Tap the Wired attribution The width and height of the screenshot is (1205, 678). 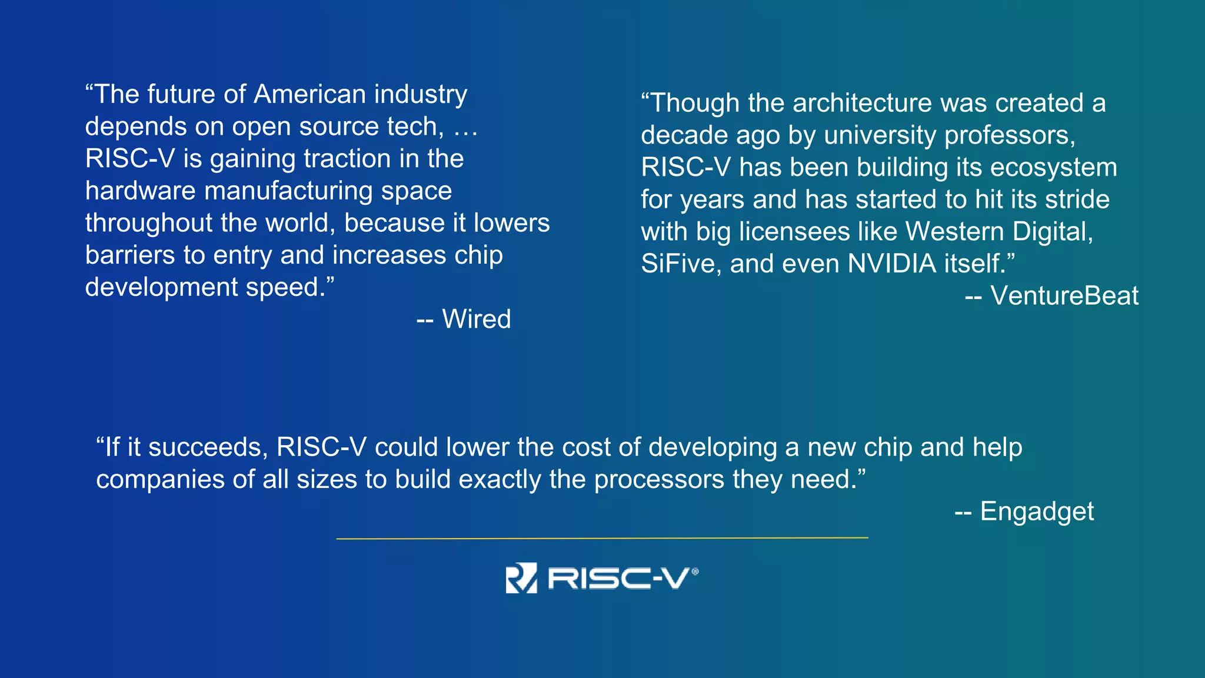476,320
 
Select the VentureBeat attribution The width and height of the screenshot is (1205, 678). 1064,296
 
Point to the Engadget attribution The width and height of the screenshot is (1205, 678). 1037,511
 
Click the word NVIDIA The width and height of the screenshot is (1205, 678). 892,264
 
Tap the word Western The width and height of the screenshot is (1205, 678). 954,232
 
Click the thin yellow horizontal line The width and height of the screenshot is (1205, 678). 602,538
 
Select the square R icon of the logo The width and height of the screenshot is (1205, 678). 521,578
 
